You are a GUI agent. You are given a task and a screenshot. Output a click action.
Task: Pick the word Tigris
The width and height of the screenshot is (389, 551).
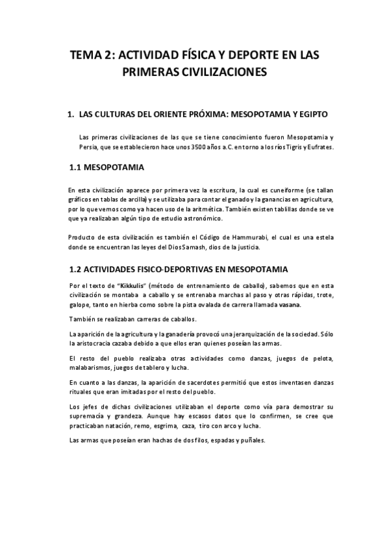tap(291, 147)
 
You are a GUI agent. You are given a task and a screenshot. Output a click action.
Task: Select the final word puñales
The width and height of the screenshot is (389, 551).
tap(251, 440)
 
